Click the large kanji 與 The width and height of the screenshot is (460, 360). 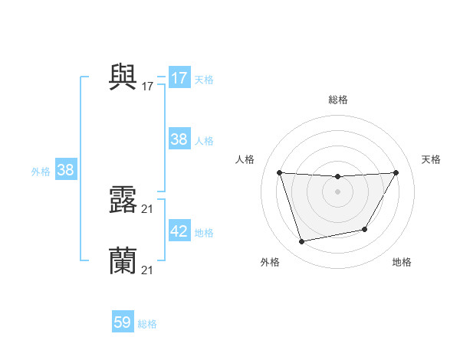click(123, 77)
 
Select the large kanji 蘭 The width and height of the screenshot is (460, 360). click(123, 260)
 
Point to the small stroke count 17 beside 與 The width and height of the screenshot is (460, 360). click(148, 87)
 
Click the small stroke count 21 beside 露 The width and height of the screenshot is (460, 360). click(148, 209)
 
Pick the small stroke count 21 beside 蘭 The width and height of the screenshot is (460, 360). click(148, 270)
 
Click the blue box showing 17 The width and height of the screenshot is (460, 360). click(179, 78)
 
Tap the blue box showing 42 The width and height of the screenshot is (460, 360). click(179, 231)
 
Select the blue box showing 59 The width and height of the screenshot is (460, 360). click(123, 322)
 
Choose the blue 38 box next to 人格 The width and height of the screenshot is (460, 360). click(179, 139)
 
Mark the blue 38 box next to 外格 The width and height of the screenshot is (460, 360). click(65, 170)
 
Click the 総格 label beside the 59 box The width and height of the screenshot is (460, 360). click(147, 324)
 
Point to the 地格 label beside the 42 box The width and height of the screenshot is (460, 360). click(204, 233)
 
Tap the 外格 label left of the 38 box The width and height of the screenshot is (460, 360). click(41, 172)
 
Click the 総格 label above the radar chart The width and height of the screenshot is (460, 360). click(338, 100)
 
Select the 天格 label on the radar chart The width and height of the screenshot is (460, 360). click(432, 159)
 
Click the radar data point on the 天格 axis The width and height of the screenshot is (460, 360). click(396, 172)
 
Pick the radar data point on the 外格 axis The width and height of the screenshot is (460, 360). click(302, 242)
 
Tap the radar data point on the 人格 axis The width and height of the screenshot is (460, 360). click(280, 172)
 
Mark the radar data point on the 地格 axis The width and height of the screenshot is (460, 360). click(365, 229)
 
